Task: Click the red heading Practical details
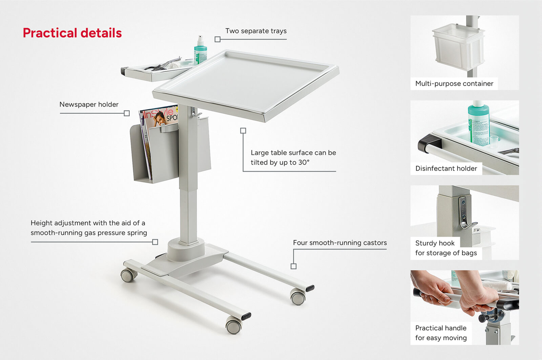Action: click(x=72, y=33)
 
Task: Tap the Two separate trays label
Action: click(x=256, y=31)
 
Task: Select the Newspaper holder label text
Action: click(x=89, y=105)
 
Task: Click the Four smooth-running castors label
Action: click(x=340, y=243)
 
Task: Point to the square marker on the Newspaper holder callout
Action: click(x=127, y=113)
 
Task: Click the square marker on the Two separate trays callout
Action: click(x=217, y=39)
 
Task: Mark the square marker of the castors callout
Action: click(x=293, y=266)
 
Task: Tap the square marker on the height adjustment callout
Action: click(x=155, y=242)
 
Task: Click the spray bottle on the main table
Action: click(x=200, y=50)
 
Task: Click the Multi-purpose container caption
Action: click(x=454, y=84)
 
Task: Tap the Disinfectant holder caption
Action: click(x=446, y=168)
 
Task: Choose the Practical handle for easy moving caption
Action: click(x=441, y=333)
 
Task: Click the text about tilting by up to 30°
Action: click(x=293, y=157)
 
